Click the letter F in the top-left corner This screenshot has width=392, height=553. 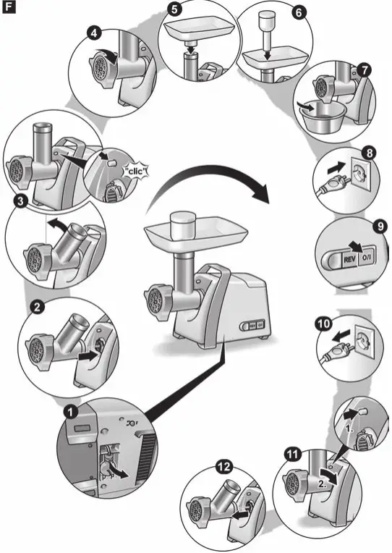8,9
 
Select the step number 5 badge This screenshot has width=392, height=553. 174,9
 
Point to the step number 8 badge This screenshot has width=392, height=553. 369,153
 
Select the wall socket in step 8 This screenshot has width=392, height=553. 359,174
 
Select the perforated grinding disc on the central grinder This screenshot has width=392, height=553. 154,299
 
